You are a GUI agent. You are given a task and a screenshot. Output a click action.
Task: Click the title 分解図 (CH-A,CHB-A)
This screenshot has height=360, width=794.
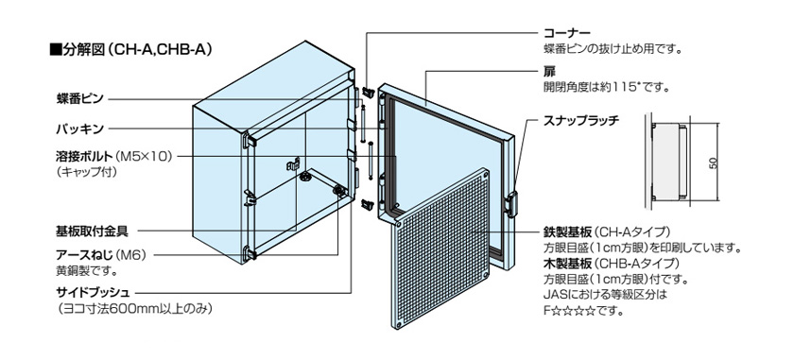pos(130,50)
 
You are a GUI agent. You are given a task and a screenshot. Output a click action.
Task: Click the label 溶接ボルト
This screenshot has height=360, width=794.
pos(83,156)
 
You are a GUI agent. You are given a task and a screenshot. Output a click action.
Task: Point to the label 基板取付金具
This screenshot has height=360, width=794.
pos(92,231)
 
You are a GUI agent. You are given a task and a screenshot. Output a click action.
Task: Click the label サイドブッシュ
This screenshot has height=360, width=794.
pos(94,292)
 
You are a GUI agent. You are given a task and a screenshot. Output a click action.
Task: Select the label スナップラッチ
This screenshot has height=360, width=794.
pos(581,122)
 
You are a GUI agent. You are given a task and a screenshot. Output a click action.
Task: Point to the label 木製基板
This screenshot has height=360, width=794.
pos(567,264)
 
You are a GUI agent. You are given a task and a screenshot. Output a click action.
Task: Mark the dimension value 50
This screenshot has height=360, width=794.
pos(714,163)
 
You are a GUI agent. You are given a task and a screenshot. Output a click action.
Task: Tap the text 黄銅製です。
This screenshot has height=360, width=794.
pos(87,271)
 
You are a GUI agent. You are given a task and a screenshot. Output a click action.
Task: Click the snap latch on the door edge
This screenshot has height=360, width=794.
pos(511,204)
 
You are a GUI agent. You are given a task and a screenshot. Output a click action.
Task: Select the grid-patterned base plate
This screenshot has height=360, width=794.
pos(441,249)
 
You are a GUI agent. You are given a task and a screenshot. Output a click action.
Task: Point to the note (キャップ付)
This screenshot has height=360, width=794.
pos(87,172)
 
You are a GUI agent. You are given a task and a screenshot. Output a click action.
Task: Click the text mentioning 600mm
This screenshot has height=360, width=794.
pos(133,308)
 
